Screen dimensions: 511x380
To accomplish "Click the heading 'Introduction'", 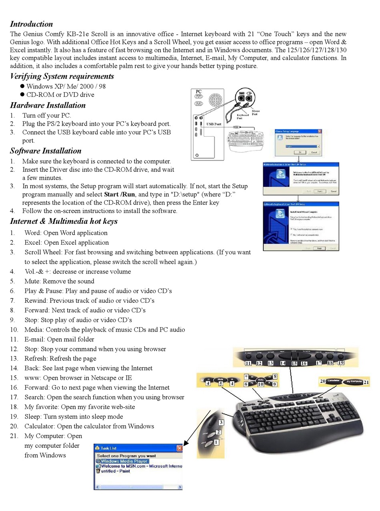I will tap(31, 24).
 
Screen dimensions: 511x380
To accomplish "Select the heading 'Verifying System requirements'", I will tap(62, 76).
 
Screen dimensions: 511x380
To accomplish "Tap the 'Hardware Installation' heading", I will tap(48, 105).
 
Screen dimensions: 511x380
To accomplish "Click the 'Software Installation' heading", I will tap(46, 151).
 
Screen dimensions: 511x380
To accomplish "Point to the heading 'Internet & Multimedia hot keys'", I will tap(64, 221).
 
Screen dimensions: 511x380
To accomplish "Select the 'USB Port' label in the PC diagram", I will tap(214, 124).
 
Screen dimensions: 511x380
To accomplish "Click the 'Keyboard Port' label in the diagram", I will tap(242, 117).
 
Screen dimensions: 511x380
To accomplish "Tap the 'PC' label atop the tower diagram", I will tap(199, 92).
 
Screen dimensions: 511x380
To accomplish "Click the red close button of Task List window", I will tap(180, 448).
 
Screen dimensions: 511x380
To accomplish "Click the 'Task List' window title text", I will tap(108, 448).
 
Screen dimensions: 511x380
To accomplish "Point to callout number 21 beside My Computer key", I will tap(366, 382).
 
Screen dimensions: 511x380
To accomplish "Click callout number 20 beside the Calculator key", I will tap(322, 381).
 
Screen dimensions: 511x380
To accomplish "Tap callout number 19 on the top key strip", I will tap(341, 363).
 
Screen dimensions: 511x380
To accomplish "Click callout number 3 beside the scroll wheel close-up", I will tap(221, 422).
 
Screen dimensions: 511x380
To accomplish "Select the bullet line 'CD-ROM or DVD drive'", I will tap(60, 95).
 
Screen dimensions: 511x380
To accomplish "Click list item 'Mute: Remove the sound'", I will tap(59, 281).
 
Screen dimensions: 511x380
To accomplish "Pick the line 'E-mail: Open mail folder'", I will tap(59, 339).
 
